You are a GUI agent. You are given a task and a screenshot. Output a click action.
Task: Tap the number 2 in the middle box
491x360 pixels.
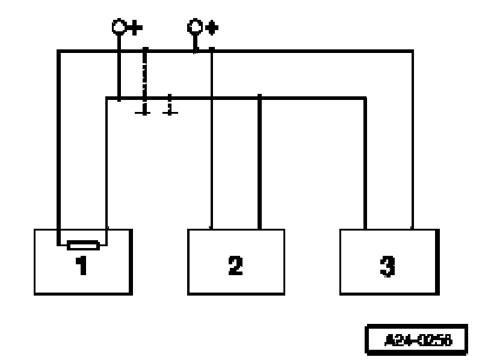(235, 265)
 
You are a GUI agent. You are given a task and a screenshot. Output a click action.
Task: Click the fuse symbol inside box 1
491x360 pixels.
(82, 244)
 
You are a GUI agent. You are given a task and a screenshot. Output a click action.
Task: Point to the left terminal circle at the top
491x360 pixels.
(119, 27)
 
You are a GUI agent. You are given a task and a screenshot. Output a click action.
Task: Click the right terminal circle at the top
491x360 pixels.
(195, 27)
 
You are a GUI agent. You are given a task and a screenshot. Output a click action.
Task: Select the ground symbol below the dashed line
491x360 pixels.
(144, 111)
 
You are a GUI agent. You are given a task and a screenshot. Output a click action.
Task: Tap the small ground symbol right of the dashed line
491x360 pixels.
(170, 108)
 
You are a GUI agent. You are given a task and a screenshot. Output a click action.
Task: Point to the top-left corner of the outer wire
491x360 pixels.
(58, 52)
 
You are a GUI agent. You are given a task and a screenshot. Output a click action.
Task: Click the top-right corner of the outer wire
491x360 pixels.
(412, 52)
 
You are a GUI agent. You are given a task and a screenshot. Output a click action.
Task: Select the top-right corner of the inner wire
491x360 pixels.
(365, 98)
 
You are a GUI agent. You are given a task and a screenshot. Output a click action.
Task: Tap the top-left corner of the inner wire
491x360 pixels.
(107, 98)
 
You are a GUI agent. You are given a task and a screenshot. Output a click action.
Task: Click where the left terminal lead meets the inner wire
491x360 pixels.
(119, 98)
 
